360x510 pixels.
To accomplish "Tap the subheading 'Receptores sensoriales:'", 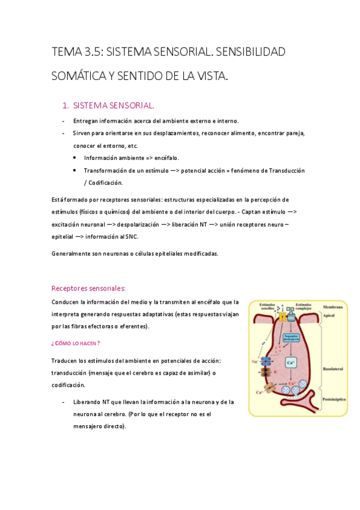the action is (x=88, y=288).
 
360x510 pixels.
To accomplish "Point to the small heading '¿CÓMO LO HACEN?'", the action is (x=75, y=343).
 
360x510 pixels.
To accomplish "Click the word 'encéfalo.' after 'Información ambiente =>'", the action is (x=172, y=158).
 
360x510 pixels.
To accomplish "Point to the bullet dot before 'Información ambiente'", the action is (x=74, y=158).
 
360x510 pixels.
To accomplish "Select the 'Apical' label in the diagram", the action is (x=329, y=315).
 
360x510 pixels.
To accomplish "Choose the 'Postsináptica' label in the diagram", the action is (x=333, y=399).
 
